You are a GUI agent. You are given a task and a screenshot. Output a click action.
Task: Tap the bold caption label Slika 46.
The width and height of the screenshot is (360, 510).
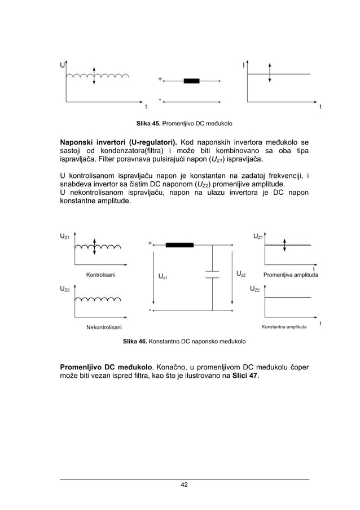pos(135,342)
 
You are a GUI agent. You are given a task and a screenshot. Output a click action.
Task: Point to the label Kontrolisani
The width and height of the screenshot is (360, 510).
pos(101,275)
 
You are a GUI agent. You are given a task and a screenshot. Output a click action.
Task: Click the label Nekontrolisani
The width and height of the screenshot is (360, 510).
pos(104,327)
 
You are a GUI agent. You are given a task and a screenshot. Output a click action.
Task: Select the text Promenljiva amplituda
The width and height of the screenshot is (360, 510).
pos(291,275)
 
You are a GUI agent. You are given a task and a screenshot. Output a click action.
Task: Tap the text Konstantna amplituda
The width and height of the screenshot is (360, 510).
pos(284,327)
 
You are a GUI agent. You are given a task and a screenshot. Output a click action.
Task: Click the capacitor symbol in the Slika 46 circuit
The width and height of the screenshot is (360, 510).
pos(212,274)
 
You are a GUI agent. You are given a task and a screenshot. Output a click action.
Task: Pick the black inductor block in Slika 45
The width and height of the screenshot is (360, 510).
pos(191,81)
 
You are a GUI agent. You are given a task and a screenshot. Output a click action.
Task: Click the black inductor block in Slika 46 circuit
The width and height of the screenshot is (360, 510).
pos(179,245)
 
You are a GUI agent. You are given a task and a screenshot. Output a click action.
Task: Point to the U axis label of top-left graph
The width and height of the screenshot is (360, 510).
pos(62,65)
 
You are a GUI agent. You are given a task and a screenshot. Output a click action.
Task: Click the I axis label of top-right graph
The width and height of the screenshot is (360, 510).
pos(243,65)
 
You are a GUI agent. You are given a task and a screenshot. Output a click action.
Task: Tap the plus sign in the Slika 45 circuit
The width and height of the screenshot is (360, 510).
pos(160,79)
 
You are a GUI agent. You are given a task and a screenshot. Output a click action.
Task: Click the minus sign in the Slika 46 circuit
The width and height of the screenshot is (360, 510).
pos(150,310)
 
